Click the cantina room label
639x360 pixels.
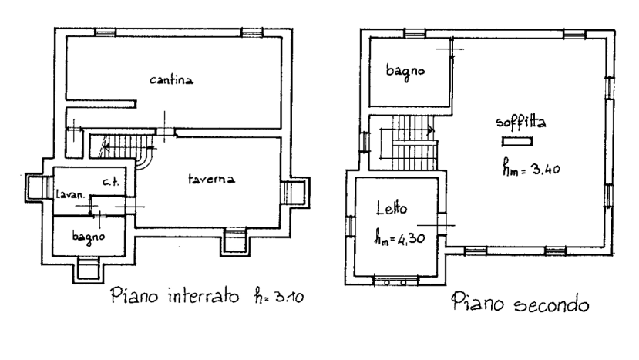point(171,79)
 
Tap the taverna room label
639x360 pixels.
point(211,179)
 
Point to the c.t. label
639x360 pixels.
point(110,182)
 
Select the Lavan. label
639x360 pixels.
point(71,194)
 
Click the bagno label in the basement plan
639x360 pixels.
point(89,237)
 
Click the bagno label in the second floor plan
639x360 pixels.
point(405,72)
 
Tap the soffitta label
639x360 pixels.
point(521,123)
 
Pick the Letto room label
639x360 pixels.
point(392,208)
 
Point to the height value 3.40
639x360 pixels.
point(546,169)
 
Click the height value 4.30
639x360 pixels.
point(410,237)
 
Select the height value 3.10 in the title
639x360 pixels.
point(289,296)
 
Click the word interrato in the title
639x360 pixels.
point(203,295)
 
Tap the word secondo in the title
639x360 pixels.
point(551,304)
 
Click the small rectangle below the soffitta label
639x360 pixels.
point(517,142)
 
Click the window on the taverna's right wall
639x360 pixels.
point(294,192)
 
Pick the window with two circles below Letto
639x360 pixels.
point(395,281)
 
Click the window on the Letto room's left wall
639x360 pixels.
point(351,226)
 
